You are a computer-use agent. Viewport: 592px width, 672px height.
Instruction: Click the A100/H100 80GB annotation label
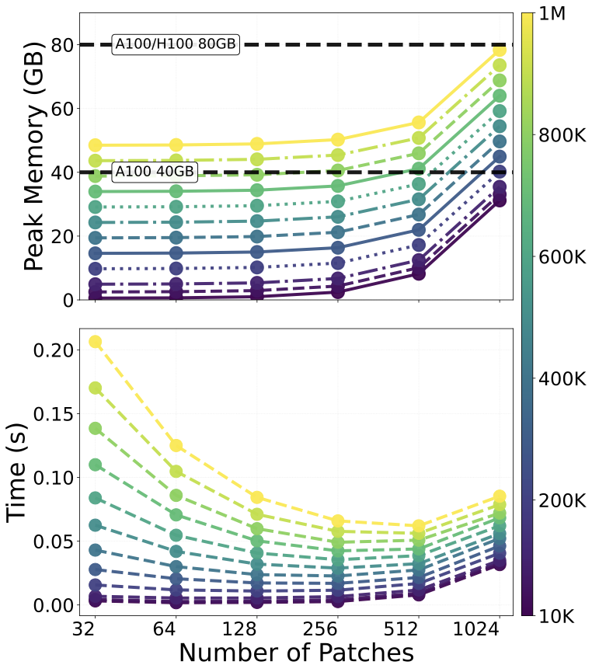175,44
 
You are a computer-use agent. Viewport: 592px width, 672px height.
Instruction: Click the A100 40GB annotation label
155,172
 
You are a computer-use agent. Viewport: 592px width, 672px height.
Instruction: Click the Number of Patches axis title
296,653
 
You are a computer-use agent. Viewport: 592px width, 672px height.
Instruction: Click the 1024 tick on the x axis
498,628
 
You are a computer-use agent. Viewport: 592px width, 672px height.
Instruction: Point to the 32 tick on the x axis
96,628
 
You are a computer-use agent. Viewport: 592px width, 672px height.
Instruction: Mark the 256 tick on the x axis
337,628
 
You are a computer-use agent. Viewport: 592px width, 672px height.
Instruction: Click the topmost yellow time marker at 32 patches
96,342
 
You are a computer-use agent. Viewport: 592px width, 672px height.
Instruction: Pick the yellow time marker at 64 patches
176,445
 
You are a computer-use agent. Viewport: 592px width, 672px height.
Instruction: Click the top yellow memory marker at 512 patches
418,122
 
